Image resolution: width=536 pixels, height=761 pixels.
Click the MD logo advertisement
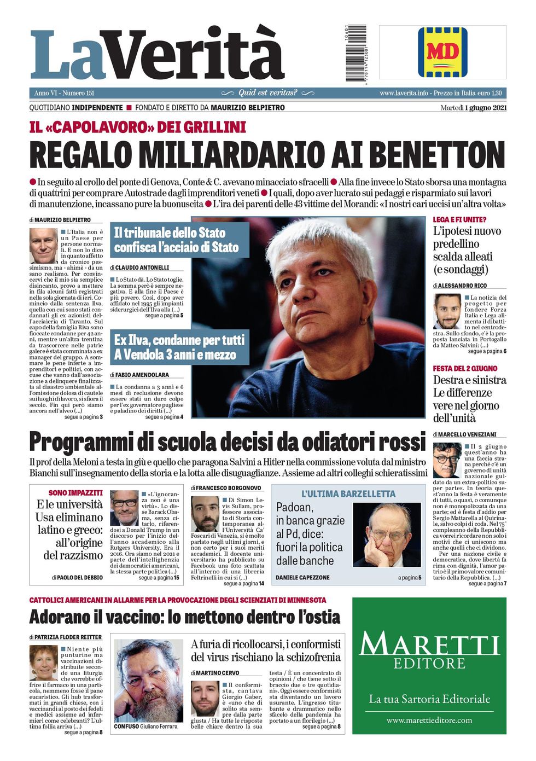442,53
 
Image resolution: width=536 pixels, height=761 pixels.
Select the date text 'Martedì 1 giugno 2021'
473,108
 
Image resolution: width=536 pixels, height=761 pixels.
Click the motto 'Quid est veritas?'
267,93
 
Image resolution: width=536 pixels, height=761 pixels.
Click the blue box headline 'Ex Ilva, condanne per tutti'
179,340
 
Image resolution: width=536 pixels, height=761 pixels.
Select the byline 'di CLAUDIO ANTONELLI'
139,268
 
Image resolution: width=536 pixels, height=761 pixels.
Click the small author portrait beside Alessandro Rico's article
447,311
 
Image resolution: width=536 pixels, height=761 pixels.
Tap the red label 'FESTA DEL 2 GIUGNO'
465,369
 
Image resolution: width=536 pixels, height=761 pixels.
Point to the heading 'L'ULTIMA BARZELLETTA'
348,493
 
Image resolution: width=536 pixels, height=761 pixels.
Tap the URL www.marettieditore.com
429,720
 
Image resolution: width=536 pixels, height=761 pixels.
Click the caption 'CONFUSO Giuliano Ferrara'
145,727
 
